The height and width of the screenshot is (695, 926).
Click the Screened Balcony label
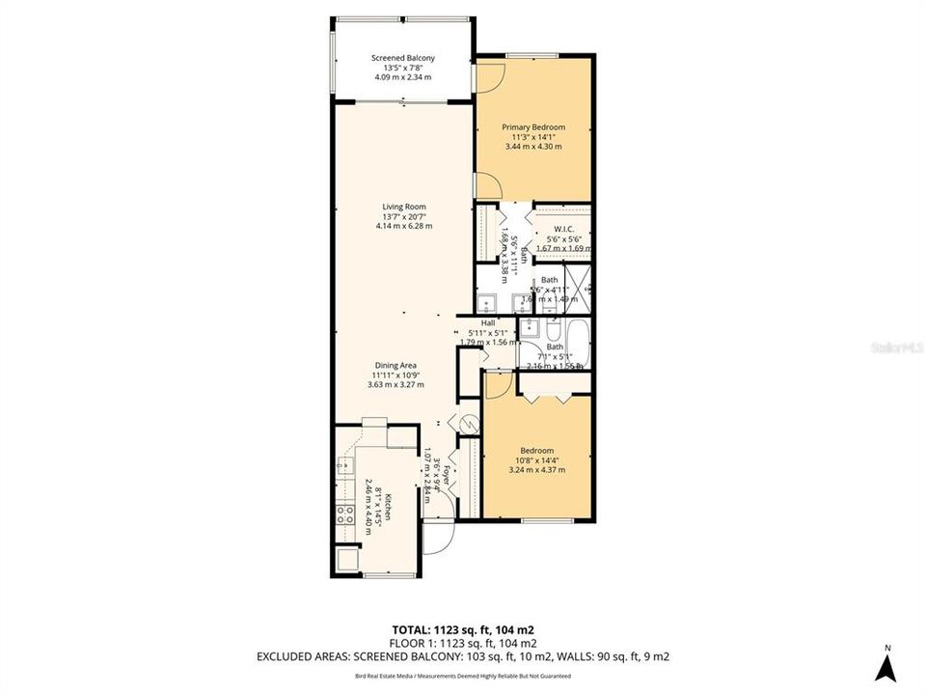(403, 58)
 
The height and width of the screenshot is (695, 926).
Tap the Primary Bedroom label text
(532, 127)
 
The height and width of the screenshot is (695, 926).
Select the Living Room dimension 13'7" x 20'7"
(403, 216)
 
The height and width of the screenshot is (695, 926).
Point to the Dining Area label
(395, 365)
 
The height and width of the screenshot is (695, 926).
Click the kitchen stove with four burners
(346, 514)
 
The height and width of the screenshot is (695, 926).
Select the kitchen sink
(344, 467)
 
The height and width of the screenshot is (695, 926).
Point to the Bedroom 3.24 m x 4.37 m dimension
(536, 470)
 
